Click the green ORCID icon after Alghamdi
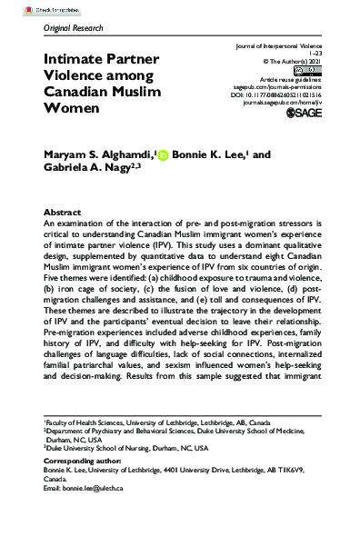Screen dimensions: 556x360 pyautogui.click(x=164, y=156)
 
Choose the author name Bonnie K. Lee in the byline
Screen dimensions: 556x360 pyautogui.click(x=210, y=156)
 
